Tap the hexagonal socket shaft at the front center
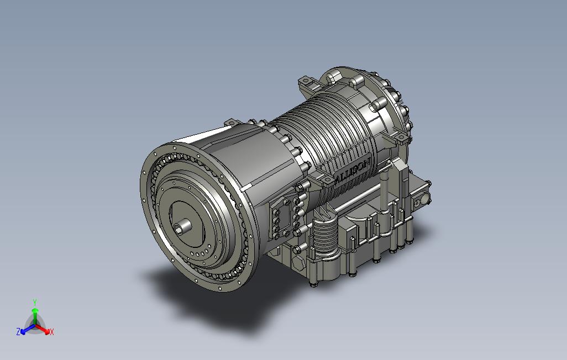coord(183,226)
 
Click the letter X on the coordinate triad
coord(52,331)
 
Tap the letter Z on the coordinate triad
coord(18,331)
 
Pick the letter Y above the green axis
coord(35,303)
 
